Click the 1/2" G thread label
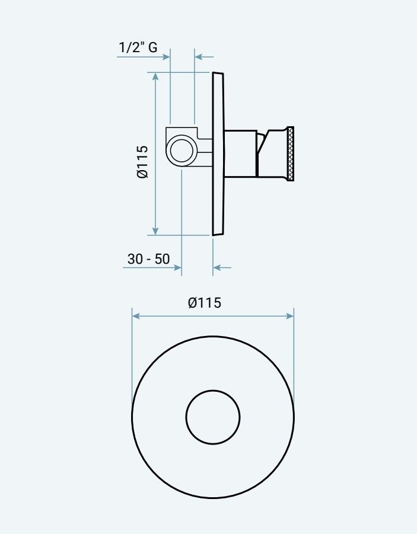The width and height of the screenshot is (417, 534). pyautogui.click(x=138, y=47)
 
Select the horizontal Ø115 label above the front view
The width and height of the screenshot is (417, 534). pyautogui.click(x=204, y=303)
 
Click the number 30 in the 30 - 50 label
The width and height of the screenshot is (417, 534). pyautogui.click(x=135, y=259)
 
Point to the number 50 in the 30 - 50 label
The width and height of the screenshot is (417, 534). pyautogui.click(x=162, y=259)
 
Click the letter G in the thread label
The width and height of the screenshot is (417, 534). pyautogui.click(x=152, y=47)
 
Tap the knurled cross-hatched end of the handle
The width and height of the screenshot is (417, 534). pyautogui.click(x=290, y=154)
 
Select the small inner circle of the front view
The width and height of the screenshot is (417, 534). pyautogui.click(x=213, y=417)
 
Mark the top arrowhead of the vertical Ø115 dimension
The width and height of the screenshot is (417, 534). pyautogui.click(x=155, y=76)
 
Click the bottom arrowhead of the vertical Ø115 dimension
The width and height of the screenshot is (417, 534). pyautogui.click(x=155, y=231)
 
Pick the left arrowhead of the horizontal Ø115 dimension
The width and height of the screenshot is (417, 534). pyautogui.click(x=136, y=316)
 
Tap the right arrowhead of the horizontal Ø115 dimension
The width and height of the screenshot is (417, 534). pyautogui.click(x=290, y=316)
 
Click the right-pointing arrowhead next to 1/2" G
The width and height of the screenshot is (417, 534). pyautogui.click(x=166, y=57)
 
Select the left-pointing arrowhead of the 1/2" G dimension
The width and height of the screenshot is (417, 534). pyautogui.click(x=199, y=57)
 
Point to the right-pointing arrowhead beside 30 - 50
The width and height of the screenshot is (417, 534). pyautogui.click(x=177, y=268)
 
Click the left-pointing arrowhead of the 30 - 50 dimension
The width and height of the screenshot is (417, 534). pyautogui.click(x=217, y=268)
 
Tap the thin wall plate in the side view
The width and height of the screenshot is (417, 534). pyautogui.click(x=218, y=154)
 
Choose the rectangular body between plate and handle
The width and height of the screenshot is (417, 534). pyautogui.click(x=240, y=154)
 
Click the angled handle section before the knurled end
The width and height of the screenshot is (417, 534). pyautogui.click(x=273, y=154)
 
